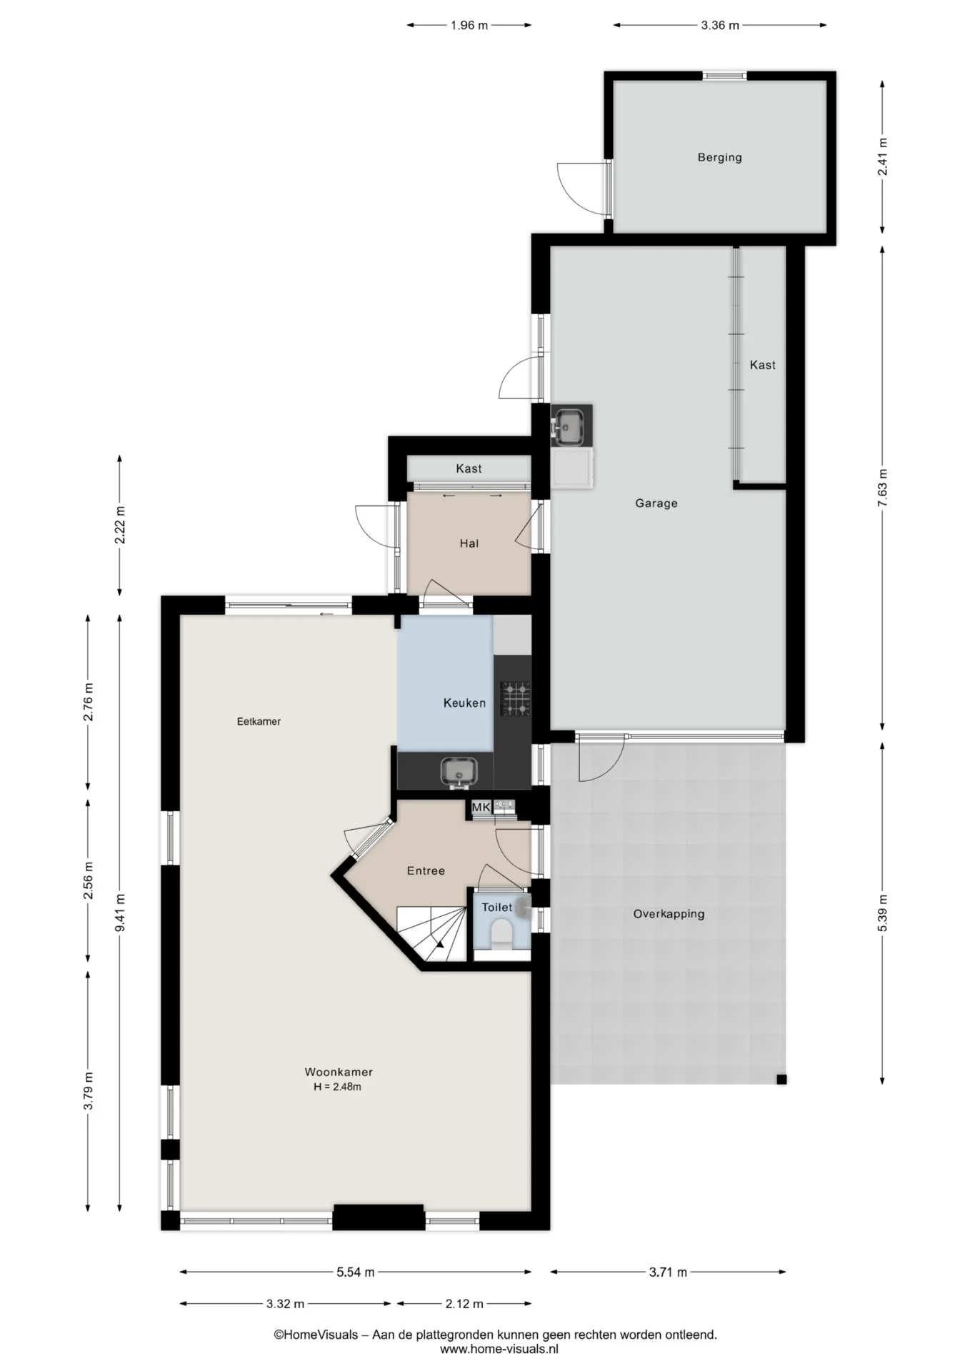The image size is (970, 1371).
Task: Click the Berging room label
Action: pos(719,157)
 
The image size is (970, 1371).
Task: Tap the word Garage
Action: pos(656,503)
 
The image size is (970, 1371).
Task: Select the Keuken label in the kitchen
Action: pos(464,703)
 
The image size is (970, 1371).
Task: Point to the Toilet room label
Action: pos(496,907)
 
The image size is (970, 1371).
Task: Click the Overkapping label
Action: pos(669,913)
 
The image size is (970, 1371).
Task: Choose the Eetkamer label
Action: pos(259,721)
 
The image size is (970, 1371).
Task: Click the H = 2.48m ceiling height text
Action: pos(337,1087)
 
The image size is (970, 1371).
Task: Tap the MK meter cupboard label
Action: pos(481,808)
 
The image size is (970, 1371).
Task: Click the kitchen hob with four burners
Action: pos(515,698)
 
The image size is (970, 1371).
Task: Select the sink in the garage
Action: pos(571,426)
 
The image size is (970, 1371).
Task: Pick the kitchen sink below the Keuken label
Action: pos(457,772)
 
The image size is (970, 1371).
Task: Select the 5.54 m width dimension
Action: pos(355,1272)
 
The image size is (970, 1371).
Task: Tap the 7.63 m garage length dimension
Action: pos(883,488)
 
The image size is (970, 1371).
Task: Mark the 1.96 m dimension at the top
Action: pos(469,26)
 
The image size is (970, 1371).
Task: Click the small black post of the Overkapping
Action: pos(781,1079)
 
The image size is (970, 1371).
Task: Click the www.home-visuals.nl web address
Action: pos(499,1349)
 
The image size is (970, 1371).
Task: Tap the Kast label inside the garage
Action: pos(762,365)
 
